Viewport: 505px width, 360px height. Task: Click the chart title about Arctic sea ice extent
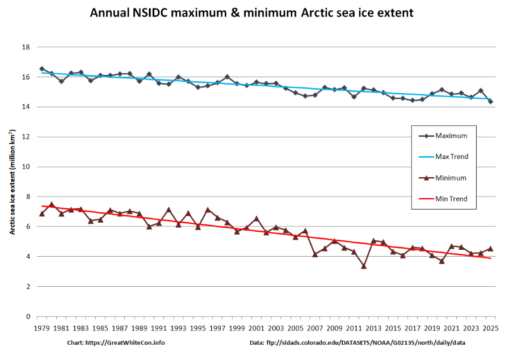(252, 12)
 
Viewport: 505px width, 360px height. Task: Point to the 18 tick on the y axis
(26, 47)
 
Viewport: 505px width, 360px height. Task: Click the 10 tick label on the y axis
(26, 167)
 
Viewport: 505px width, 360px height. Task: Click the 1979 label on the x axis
(42, 328)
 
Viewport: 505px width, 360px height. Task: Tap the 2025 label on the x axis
(490, 328)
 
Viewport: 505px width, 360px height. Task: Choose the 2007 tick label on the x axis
(315, 328)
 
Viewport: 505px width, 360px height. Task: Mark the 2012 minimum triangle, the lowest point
(364, 266)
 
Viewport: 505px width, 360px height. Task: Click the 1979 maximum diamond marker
(42, 69)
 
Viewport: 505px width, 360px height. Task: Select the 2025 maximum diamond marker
(490, 102)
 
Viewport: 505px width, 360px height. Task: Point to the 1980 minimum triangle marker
(52, 204)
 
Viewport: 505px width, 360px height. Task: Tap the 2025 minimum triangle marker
(490, 248)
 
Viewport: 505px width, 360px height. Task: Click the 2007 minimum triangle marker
(315, 254)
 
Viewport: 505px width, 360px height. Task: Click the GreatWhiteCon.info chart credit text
(116, 343)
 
